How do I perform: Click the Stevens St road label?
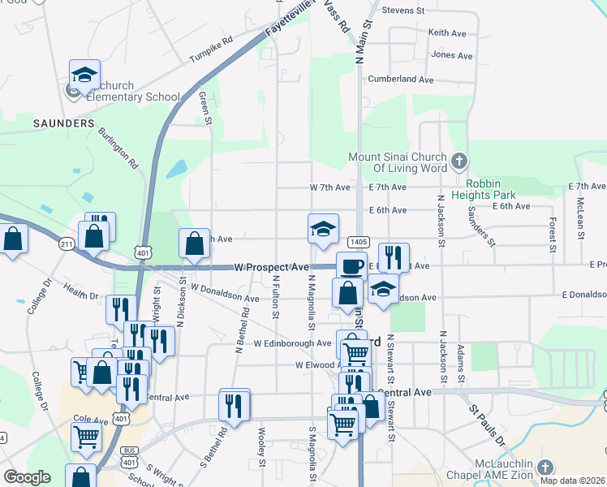point(403,11)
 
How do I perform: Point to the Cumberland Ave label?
point(401,80)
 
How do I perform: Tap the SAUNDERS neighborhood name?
point(64,123)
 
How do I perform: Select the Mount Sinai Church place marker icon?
point(459,158)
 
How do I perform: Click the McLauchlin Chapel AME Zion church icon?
point(545,467)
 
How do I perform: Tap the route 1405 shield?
point(359,242)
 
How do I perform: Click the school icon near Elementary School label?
point(84,75)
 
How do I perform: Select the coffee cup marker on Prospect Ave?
point(351,266)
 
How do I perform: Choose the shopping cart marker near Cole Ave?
point(86,437)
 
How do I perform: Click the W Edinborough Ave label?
point(293,343)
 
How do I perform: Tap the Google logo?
point(28,477)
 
